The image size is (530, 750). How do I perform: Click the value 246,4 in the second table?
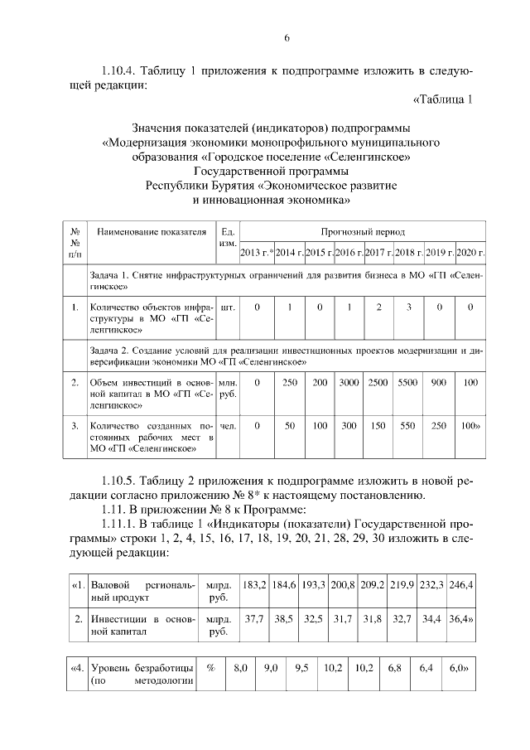point(460,585)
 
